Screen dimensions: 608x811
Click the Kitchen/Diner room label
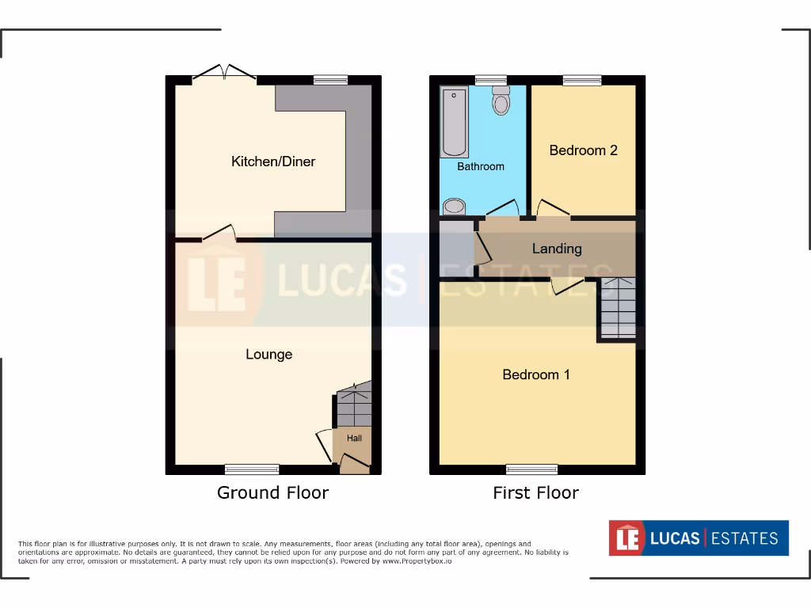[x=273, y=161]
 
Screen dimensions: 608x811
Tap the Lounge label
[x=268, y=354]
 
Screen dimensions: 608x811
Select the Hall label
[x=353, y=438]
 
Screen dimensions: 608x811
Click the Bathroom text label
[x=480, y=166]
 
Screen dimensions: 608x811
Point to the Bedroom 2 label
[x=583, y=150]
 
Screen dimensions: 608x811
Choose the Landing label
[x=557, y=249]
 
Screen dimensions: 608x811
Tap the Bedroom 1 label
[x=536, y=374]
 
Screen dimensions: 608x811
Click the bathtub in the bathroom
[x=455, y=123]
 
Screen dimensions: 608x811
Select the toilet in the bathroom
[x=501, y=101]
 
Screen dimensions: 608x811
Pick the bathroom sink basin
[x=454, y=207]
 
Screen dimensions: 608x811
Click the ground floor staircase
[x=353, y=405]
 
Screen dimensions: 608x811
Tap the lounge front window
[x=252, y=469]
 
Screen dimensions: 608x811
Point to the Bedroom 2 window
[x=582, y=80]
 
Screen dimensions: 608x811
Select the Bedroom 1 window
[x=531, y=469]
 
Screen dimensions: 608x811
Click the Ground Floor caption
[x=272, y=492]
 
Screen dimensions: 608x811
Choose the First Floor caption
[x=535, y=492]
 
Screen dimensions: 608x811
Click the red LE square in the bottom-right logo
[x=623, y=538]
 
